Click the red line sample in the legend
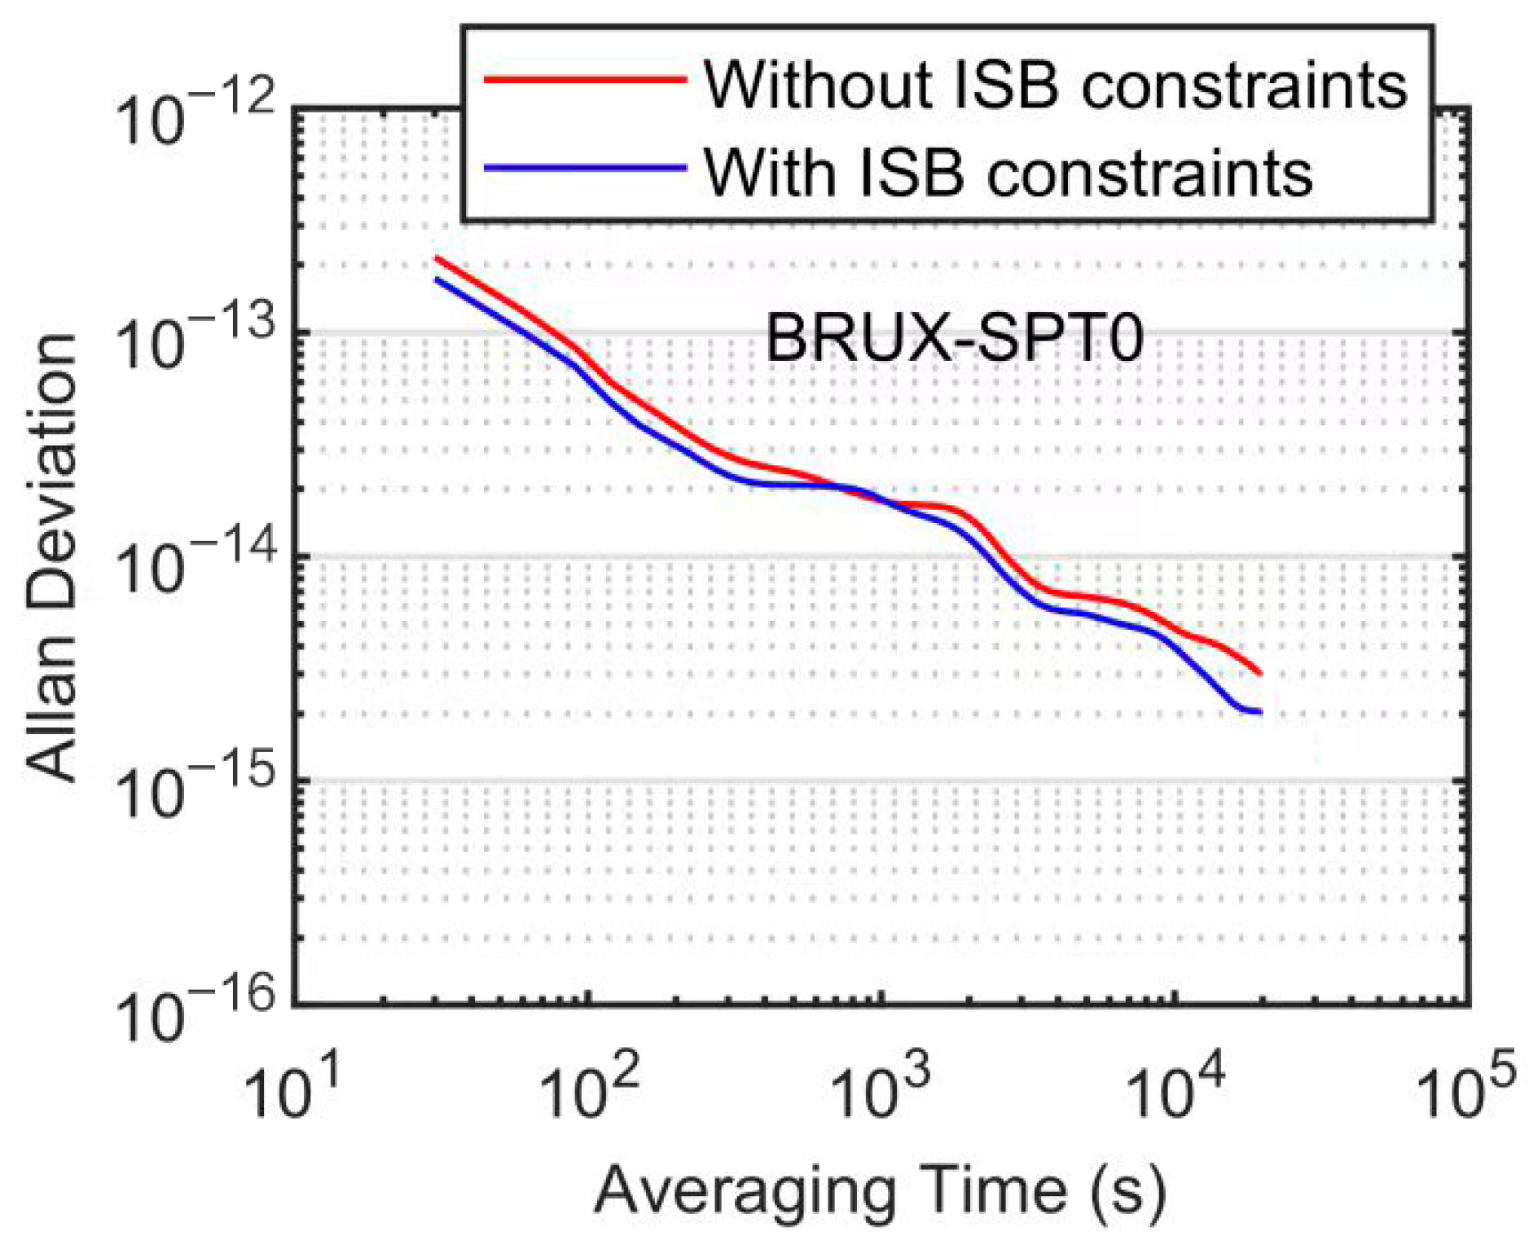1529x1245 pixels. pos(584,79)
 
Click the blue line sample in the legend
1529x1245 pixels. pos(584,169)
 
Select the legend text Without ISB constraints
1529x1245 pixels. pos(1055,85)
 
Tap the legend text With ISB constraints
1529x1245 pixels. pos(1008,173)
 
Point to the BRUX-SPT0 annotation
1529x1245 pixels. pos(955,338)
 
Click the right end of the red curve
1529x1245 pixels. pos(1260,673)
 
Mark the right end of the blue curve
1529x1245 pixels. pos(1260,712)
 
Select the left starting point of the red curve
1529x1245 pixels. pos(437,258)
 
